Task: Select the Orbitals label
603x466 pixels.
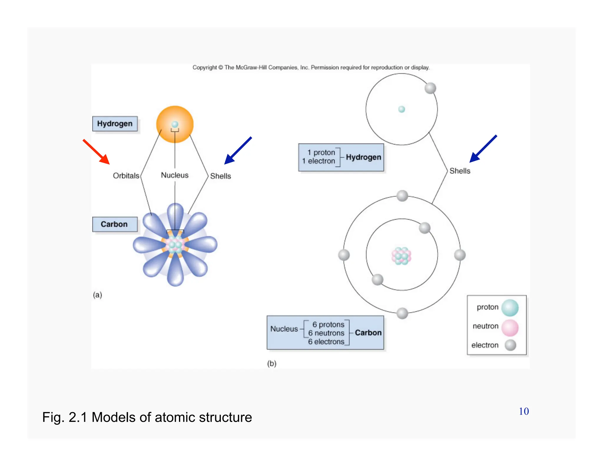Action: pos(126,176)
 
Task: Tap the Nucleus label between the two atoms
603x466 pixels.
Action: pos(175,175)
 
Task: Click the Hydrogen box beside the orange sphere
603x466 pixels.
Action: pos(115,124)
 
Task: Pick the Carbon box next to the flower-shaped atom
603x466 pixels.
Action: pos(115,224)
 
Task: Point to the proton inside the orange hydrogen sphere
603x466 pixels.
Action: pos(175,124)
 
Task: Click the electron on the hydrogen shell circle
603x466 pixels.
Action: pos(430,88)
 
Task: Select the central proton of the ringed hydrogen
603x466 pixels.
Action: pos(402,109)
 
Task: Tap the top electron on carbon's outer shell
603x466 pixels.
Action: pos(402,196)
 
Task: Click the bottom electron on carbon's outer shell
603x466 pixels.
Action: pos(402,313)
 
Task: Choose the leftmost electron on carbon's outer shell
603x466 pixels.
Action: pos(344,255)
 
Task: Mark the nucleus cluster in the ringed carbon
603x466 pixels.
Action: pos(401,256)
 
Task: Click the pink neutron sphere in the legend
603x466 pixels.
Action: pos(510,328)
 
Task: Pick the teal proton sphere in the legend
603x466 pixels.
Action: pos(510,308)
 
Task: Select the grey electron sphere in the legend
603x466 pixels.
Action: pos(510,345)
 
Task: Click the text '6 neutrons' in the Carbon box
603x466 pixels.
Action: pos(326,333)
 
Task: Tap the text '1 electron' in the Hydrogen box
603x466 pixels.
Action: pos(319,161)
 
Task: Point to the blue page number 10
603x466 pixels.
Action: pos(524,412)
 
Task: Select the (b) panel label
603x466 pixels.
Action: pos(271,363)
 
